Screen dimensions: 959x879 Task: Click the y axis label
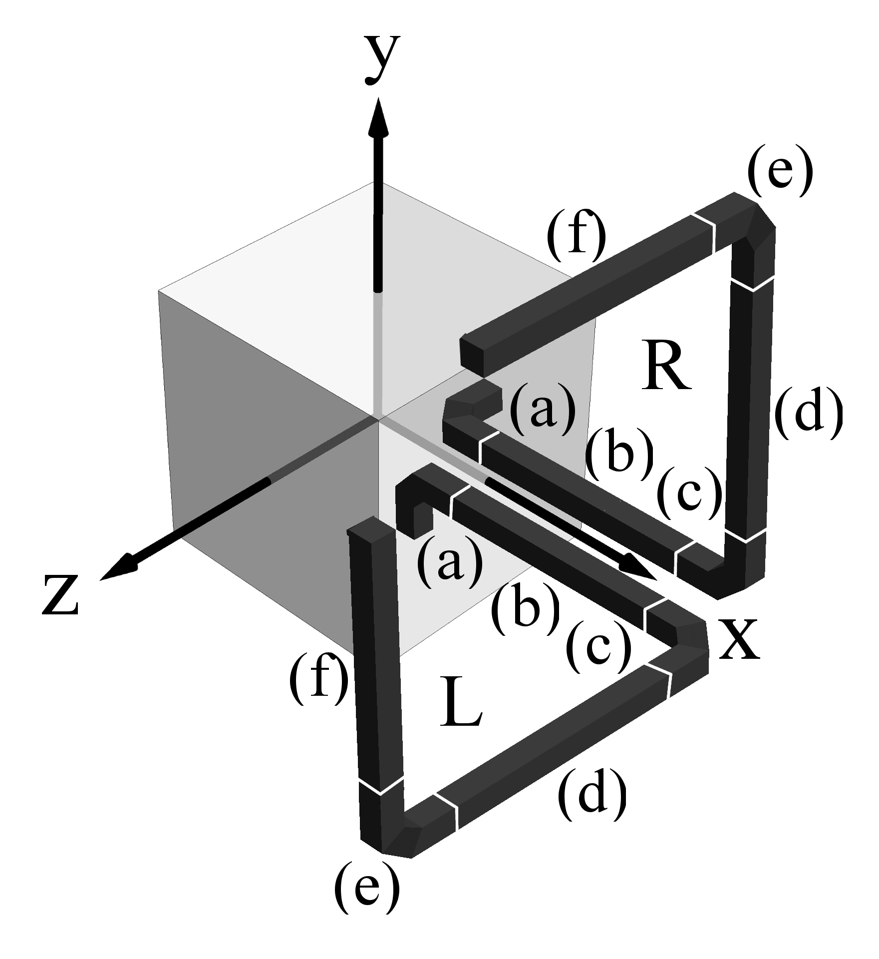click(x=382, y=60)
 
